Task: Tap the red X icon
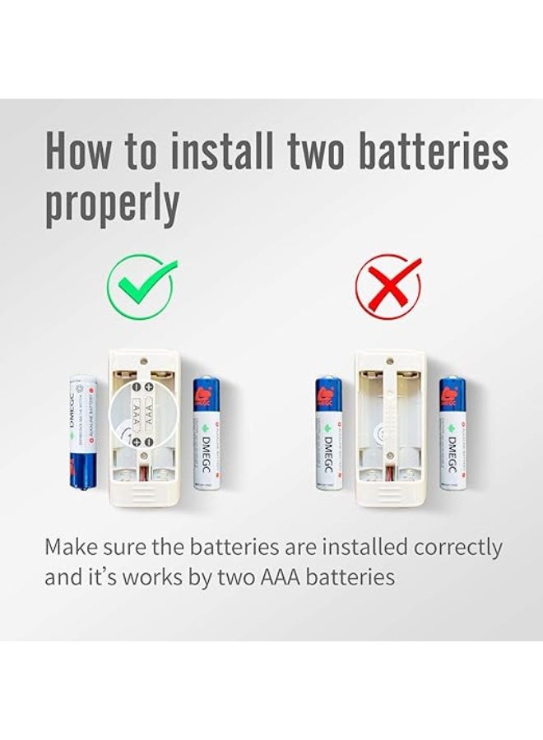[x=388, y=285]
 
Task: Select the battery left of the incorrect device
[x=327, y=433]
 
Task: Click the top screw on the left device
[x=145, y=360]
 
